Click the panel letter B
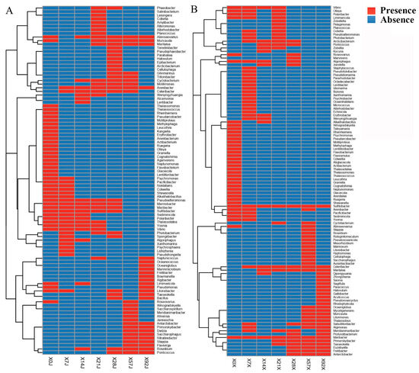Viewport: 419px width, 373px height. click(197, 9)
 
